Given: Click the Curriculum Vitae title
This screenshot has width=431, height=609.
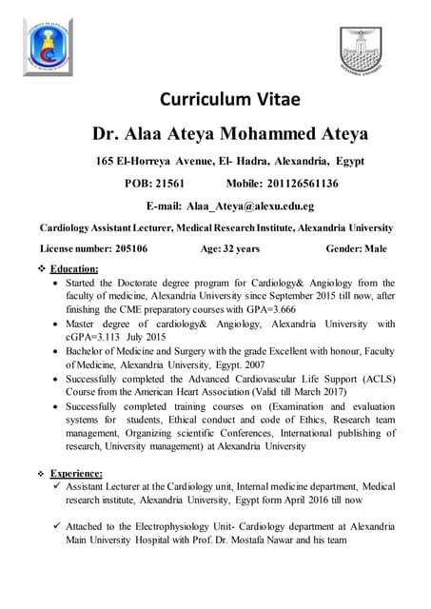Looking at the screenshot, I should [x=229, y=99].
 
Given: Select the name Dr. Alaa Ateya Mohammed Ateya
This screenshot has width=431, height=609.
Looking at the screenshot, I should [x=229, y=133].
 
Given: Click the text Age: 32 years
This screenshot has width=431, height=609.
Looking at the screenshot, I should [x=229, y=248].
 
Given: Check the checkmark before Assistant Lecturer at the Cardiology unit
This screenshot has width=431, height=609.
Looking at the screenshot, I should [x=59, y=487].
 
